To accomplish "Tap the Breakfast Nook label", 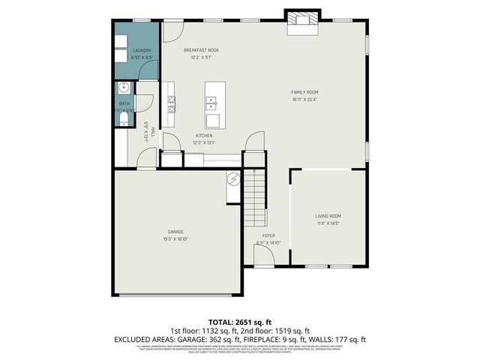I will tap(202, 50).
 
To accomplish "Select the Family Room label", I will tap(304, 92).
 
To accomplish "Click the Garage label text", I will tap(175, 232).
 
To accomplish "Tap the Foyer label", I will tap(268, 235).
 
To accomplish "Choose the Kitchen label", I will tap(204, 136).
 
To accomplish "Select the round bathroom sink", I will tap(123, 88).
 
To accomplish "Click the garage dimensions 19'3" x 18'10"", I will tap(175, 239).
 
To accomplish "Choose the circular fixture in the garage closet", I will tap(233, 179).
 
